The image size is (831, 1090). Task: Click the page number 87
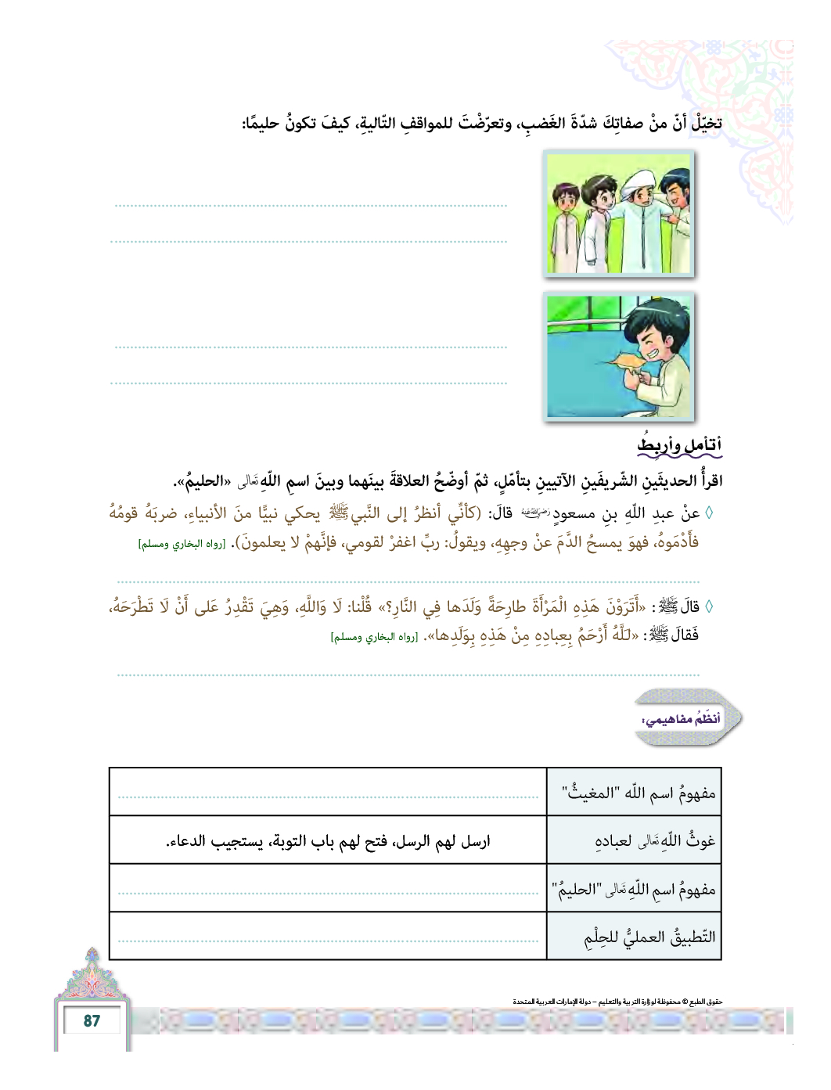(92, 1020)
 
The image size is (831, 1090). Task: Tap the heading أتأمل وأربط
(679, 444)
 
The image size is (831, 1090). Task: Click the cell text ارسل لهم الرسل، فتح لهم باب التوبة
(328, 842)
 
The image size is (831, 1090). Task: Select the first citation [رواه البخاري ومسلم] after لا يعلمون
(182, 544)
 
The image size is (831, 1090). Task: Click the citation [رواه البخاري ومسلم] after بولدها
(374, 638)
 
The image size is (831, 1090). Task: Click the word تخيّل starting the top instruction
(705, 123)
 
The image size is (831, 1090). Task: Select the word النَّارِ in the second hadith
(406, 607)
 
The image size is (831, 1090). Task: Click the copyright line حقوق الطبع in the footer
(618, 1001)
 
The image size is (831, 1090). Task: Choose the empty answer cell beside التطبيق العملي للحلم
(328, 936)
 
